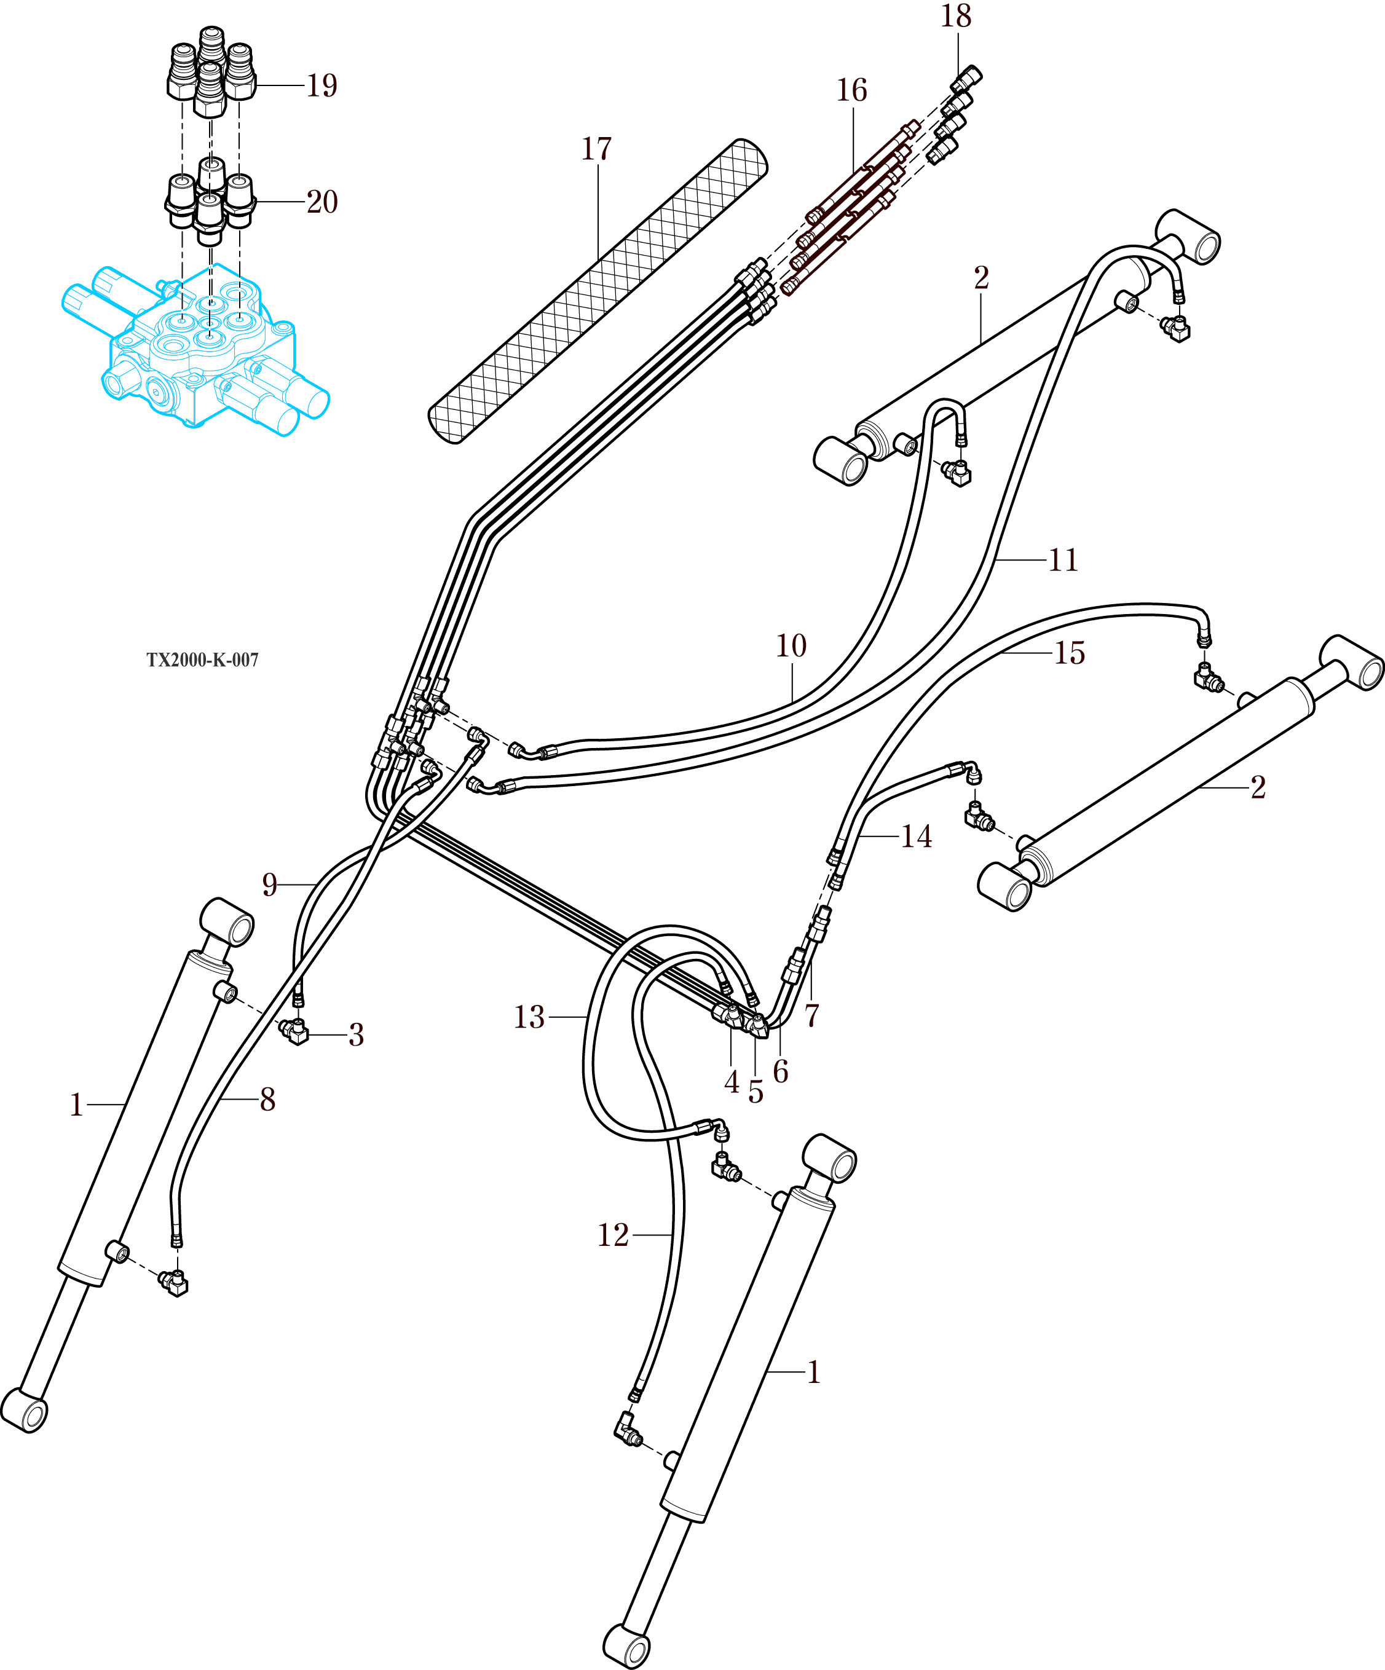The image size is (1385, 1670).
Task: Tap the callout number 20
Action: click(x=322, y=202)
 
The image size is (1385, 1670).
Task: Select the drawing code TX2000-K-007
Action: click(x=202, y=660)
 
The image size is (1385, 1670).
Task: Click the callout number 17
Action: click(x=597, y=149)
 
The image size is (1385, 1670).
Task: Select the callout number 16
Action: click(x=851, y=90)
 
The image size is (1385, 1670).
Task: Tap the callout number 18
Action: click(x=956, y=16)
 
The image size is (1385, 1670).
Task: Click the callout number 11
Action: click(x=1063, y=561)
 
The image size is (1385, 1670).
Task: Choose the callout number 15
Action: click(x=1069, y=653)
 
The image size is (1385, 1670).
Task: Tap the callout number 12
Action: click(x=614, y=1235)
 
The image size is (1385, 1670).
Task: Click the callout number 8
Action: click(x=267, y=1100)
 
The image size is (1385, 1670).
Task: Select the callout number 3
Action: click(x=357, y=1034)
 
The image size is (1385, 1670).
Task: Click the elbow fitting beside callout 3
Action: click(x=295, y=1031)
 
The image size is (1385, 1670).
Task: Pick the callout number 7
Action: click(x=811, y=1016)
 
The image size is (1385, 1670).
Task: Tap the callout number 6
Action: click(x=780, y=1072)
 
